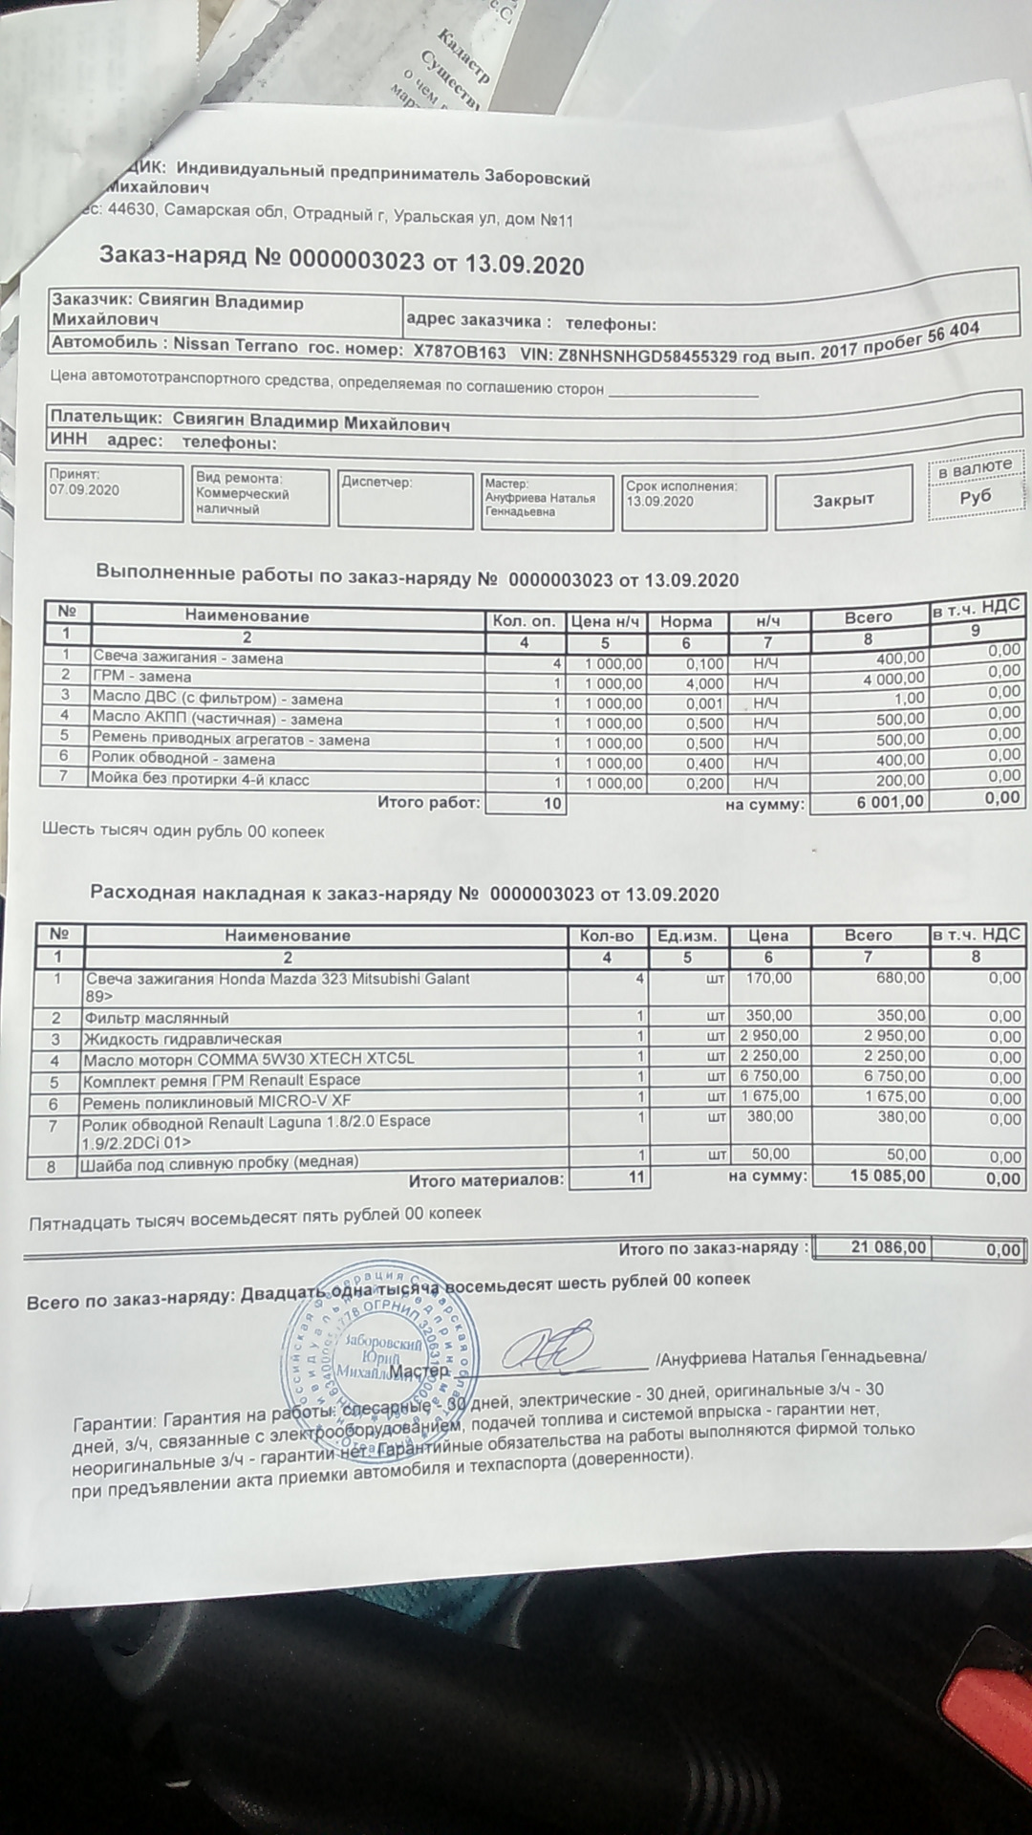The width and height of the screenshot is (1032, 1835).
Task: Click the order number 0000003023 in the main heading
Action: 355,259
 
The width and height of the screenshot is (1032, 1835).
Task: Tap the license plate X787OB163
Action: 459,351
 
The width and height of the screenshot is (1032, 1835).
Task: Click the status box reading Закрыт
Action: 843,500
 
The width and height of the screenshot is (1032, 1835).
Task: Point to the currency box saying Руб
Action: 976,496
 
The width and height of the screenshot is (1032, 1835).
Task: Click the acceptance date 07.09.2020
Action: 85,489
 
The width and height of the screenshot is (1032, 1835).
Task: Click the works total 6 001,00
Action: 891,802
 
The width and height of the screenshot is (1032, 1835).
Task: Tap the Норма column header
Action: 686,621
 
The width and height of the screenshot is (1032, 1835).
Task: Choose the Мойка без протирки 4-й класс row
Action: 200,780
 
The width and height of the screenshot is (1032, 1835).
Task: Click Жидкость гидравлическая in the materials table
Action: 182,1039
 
